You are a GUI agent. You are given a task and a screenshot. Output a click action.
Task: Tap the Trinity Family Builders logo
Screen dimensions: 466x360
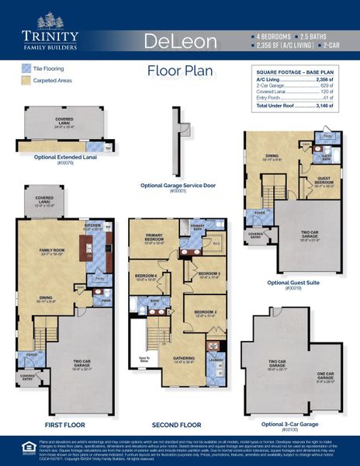pos(50,36)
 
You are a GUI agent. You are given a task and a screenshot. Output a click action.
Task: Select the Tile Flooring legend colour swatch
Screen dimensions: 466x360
pos(26,68)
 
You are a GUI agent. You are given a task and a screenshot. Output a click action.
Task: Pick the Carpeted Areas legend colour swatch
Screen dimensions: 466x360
pos(26,80)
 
